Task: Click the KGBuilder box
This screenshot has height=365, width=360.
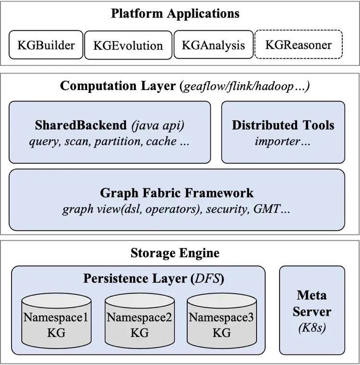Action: (x=46, y=45)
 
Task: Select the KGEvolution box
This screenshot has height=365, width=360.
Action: (x=128, y=46)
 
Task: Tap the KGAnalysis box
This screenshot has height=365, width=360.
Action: (x=213, y=45)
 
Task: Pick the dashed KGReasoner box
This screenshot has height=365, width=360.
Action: (x=298, y=45)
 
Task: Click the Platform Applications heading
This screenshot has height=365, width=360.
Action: (x=175, y=13)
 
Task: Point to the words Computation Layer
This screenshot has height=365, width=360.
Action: (x=118, y=87)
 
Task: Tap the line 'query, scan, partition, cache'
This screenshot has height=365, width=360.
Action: (x=109, y=142)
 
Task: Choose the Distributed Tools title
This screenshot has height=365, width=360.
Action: (x=283, y=126)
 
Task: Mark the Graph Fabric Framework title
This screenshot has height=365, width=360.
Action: (x=177, y=193)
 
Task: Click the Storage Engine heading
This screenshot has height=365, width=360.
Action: (x=175, y=253)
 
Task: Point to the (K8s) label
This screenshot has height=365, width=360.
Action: (x=312, y=329)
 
